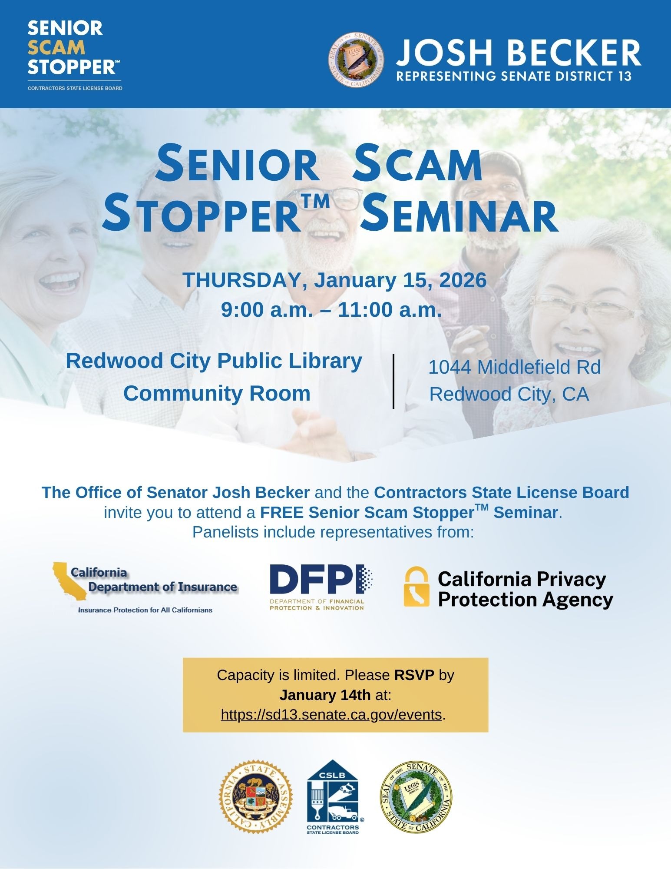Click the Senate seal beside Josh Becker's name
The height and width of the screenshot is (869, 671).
pyautogui.click(x=356, y=60)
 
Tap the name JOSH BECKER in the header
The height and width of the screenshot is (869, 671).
pyautogui.click(x=519, y=53)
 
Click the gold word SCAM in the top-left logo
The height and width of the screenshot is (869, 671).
pyautogui.click(x=56, y=48)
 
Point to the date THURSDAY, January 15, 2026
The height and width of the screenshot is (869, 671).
pyautogui.click(x=334, y=280)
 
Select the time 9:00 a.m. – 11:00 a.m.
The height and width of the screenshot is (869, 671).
pyautogui.click(x=331, y=310)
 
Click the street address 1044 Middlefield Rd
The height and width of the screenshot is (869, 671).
pyautogui.click(x=514, y=368)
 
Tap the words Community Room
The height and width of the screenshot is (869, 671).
pyautogui.click(x=217, y=394)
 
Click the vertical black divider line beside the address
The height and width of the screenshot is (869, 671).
pyautogui.click(x=393, y=381)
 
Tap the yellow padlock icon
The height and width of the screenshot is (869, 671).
pyautogui.click(x=416, y=587)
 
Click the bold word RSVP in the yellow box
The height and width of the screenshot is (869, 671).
pyautogui.click(x=414, y=675)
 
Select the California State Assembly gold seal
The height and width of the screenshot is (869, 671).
pyautogui.click(x=256, y=796)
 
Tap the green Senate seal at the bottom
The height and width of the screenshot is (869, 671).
pyautogui.click(x=416, y=796)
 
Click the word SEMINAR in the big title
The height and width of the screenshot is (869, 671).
pyautogui.click(x=459, y=215)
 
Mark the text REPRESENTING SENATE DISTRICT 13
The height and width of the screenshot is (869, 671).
pyautogui.click(x=514, y=76)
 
